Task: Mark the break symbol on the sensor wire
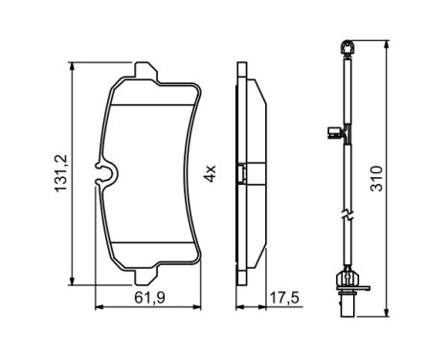347,214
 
